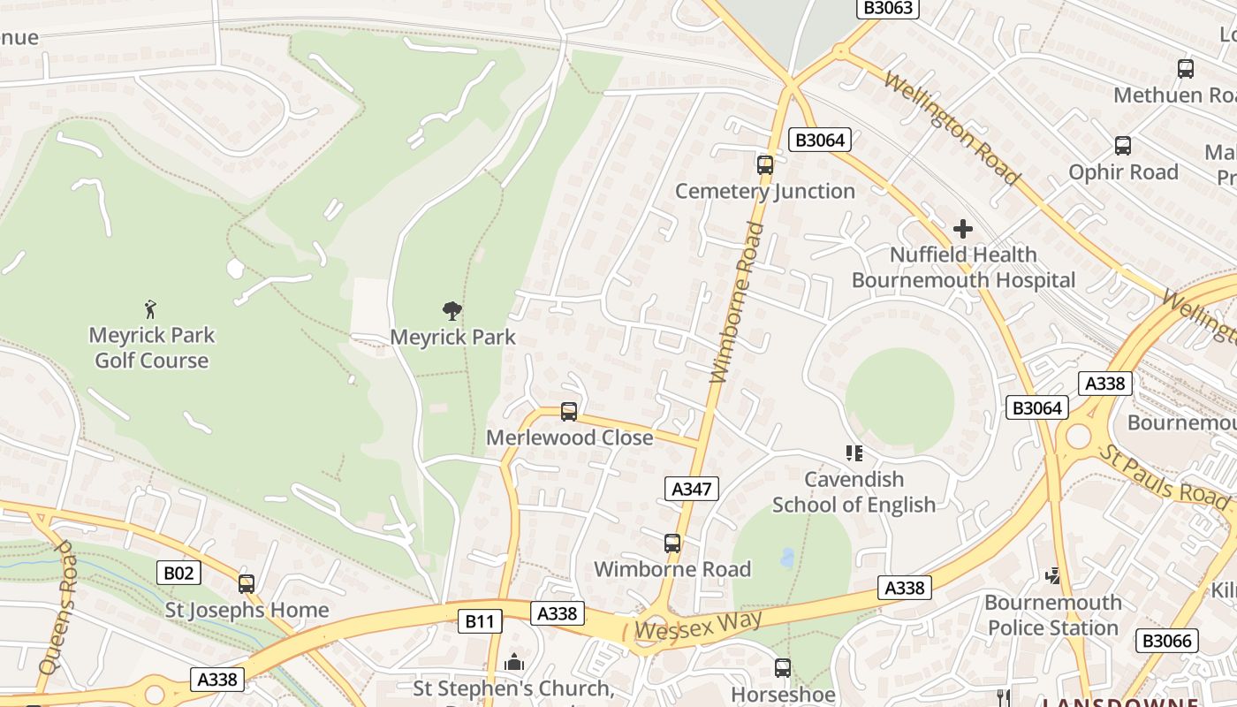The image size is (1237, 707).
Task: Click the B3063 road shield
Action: tap(889, 8)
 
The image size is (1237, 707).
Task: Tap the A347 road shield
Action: tap(691, 489)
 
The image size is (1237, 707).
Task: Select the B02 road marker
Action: tap(178, 573)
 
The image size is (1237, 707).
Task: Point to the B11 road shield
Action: tap(480, 621)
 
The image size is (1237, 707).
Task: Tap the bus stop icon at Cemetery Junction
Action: tap(765, 164)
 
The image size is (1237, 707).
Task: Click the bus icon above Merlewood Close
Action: tap(569, 411)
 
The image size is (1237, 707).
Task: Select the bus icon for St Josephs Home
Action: tap(247, 583)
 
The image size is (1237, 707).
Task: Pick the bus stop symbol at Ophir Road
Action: tap(1123, 146)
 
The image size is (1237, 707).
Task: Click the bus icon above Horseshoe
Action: tap(782, 668)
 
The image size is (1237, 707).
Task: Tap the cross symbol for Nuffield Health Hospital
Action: tap(963, 230)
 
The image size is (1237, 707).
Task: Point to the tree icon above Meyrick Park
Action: tap(452, 310)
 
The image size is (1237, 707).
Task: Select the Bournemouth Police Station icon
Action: tap(1052, 576)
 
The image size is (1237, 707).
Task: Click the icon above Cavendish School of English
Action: tap(854, 453)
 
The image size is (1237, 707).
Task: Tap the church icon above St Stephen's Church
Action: tap(513, 662)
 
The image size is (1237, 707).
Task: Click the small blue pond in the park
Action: tap(787, 558)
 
